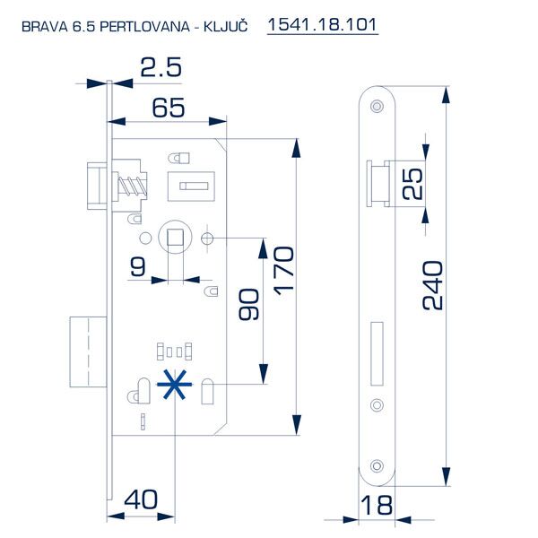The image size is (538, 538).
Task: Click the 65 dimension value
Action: [x=169, y=108]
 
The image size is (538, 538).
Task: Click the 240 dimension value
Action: [x=432, y=285]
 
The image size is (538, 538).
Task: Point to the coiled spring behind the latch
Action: [x=130, y=188]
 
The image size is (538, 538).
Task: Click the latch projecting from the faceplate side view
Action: [x=376, y=184]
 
